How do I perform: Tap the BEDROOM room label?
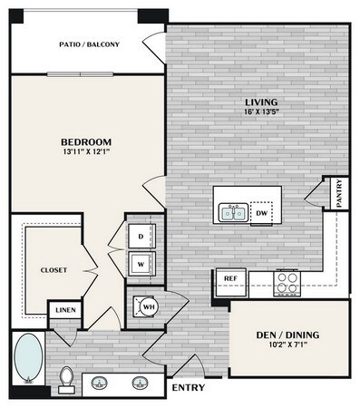86,142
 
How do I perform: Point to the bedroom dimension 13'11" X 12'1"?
86,152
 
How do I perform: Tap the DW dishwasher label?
262,214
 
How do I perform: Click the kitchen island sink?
233,213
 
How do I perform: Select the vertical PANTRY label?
339,193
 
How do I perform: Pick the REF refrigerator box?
229,279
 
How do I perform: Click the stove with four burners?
286,282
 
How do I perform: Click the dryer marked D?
141,237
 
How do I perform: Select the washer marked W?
141,263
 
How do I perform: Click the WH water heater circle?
146,307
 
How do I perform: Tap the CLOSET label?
54,270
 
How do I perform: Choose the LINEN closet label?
65,311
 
